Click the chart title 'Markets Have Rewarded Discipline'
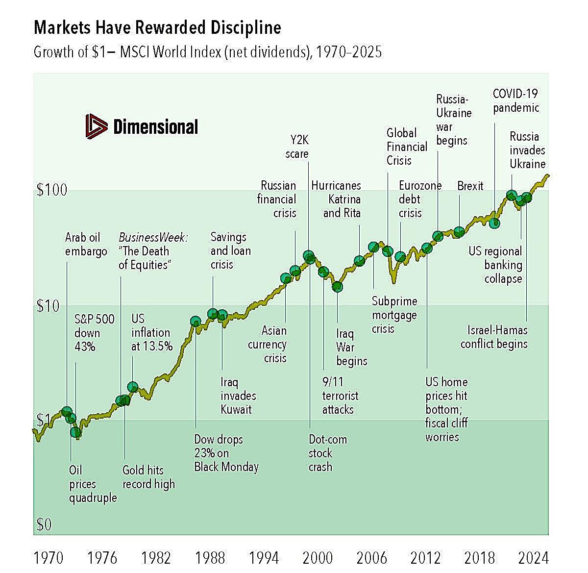pos(157,27)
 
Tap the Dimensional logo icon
pos(96,127)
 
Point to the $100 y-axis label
pos(51,190)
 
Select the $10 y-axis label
pos(48,306)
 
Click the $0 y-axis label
pos(44,525)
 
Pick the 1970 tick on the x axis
pos(48,557)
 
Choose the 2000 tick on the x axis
pos(318,557)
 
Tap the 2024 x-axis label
pos(533,557)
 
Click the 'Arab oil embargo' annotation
pos(86,245)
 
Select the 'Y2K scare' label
pos(297,147)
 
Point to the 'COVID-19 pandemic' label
pos(516,100)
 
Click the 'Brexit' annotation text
pos(470,186)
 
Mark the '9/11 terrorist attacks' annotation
pos(340,396)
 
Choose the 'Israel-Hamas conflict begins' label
pos(494,337)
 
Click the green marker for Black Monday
pos(196,322)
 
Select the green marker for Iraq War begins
pos(337,287)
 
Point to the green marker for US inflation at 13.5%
pos(132,387)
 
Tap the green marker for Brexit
pos(459,232)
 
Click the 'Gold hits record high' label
pos(148,477)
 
